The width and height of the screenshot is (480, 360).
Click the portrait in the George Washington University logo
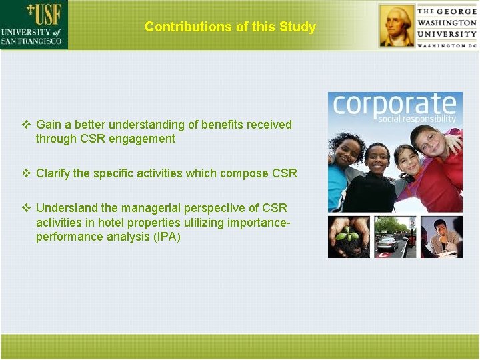click(x=397, y=25)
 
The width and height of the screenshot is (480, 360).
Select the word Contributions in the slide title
click(x=180, y=27)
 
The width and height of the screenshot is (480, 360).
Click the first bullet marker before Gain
click(x=27, y=125)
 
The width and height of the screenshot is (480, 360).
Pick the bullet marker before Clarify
click(x=27, y=173)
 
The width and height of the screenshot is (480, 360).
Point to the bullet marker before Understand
click(x=27, y=208)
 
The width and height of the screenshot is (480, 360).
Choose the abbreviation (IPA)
click(x=164, y=237)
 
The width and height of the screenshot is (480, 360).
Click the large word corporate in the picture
click(x=394, y=105)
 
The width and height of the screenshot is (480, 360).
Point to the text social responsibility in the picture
click(x=417, y=119)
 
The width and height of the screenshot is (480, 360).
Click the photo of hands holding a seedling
click(x=348, y=236)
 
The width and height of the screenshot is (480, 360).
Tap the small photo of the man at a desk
click(x=441, y=236)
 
